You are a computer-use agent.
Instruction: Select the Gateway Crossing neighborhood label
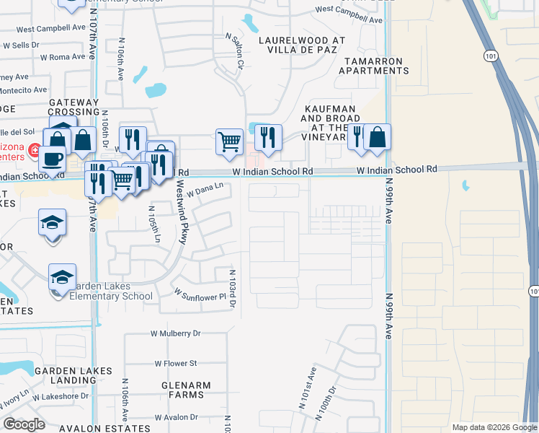[x=74, y=108]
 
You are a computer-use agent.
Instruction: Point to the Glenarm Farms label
[x=186, y=390]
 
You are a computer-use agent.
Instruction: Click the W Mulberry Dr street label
[x=175, y=334]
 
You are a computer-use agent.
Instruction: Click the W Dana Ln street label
[x=205, y=189]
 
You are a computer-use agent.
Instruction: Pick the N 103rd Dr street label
[x=232, y=289]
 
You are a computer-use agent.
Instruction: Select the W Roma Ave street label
[x=63, y=56]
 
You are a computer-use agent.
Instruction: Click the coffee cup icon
[x=52, y=157]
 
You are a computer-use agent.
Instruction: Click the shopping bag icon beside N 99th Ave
[x=377, y=136]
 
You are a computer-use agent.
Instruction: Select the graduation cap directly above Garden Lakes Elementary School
[x=62, y=276]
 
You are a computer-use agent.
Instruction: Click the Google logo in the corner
[x=24, y=424]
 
